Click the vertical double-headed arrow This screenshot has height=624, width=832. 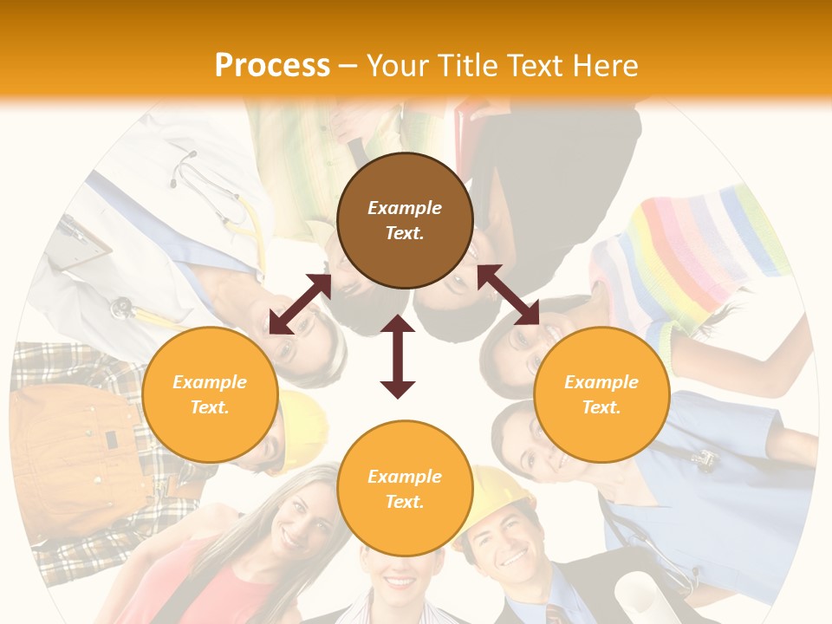click(x=398, y=356)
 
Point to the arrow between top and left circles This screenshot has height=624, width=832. click(x=300, y=304)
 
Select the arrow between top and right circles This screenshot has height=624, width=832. click(x=508, y=295)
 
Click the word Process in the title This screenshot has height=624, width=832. click(x=272, y=65)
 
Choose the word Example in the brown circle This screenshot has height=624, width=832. click(x=405, y=208)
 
